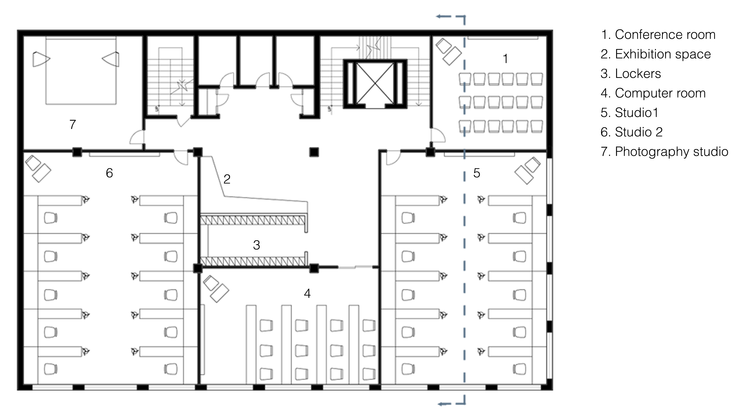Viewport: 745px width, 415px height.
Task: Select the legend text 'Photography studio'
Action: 672,152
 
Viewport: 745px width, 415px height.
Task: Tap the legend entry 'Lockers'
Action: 638,74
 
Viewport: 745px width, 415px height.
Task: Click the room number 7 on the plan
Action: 73,124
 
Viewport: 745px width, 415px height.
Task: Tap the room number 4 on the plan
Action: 307,294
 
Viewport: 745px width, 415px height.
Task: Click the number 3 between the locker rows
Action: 257,245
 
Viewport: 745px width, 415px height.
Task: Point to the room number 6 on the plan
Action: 109,173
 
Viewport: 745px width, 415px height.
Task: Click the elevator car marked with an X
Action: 375,83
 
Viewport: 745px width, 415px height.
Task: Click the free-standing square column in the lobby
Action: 314,152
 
